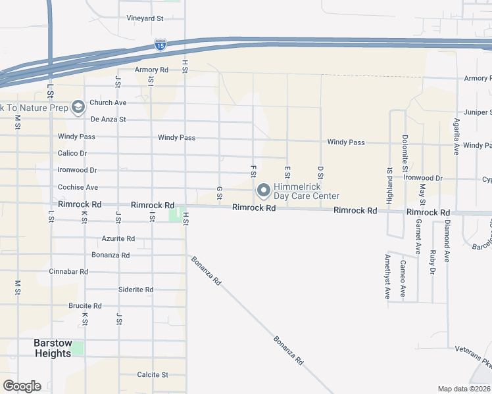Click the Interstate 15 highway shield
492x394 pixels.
click(160, 45)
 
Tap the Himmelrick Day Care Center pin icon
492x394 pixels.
click(264, 191)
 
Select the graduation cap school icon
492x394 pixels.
click(78, 107)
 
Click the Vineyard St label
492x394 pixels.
click(145, 18)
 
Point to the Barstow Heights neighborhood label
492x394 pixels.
click(53, 348)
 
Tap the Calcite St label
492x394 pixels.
click(153, 374)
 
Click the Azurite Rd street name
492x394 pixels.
click(118, 238)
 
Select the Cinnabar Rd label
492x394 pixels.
click(68, 271)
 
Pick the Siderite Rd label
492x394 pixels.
click(135, 289)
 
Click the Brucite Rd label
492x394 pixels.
click(85, 305)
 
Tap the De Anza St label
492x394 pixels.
click(108, 120)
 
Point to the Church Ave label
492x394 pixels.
click(108, 102)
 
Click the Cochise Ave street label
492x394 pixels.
click(78, 187)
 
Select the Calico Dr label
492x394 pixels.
click(72, 153)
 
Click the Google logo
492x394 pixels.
click(22, 386)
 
